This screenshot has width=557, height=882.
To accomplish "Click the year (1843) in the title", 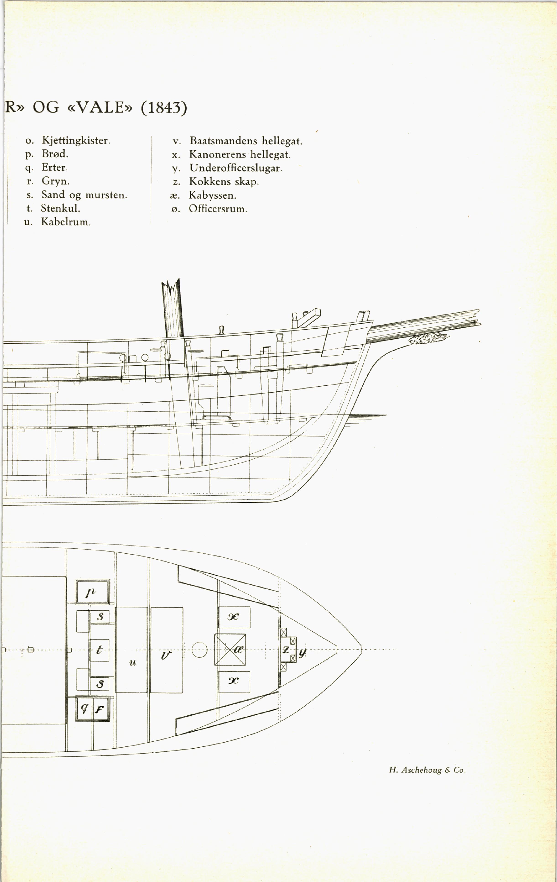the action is click(x=164, y=108).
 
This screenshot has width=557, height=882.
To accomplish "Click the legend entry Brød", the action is click(x=55, y=154).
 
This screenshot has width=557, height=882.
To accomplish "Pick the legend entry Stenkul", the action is click(x=60, y=208).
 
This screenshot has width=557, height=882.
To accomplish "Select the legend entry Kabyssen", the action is click(x=212, y=195).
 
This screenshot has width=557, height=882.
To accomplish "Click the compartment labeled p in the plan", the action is click(x=92, y=591).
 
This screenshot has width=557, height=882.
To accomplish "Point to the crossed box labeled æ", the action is click(x=230, y=650).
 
